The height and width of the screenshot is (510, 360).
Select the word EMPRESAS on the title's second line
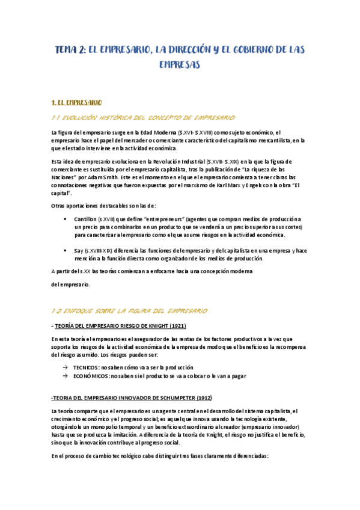pyautogui.click(x=180, y=64)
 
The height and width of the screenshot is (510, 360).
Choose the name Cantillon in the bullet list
pyautogui.click(x=87, y=219)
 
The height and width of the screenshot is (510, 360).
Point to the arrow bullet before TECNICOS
pyautogui.click(x=64, y=367)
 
